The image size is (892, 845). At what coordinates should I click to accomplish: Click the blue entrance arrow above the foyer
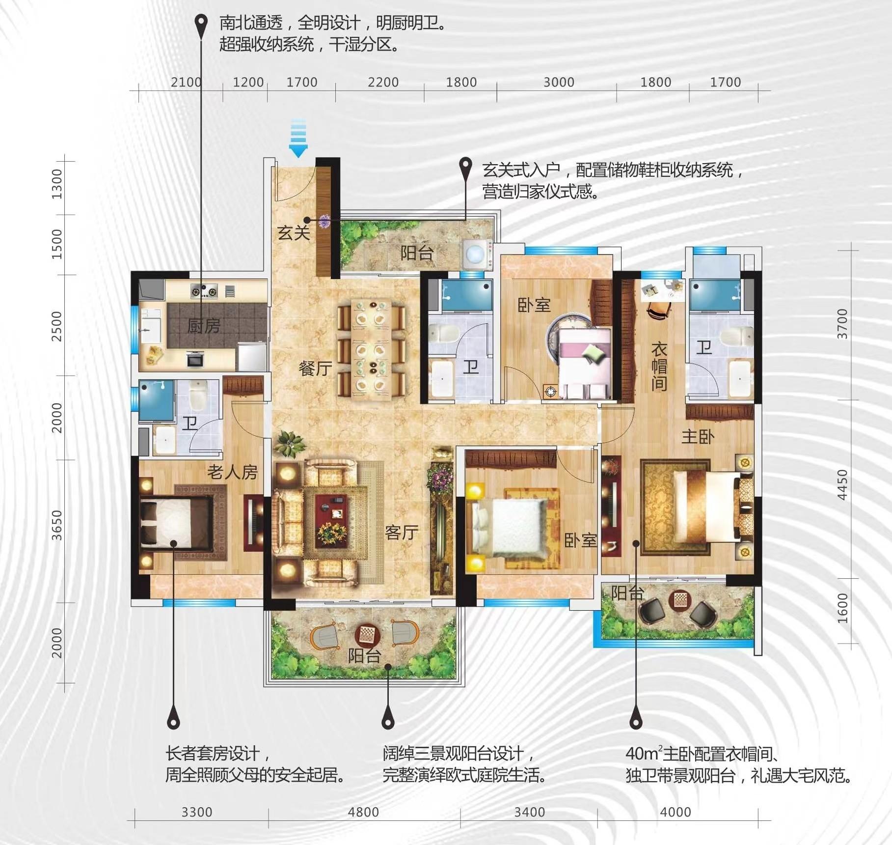pyautogui.click(x=298, y=138)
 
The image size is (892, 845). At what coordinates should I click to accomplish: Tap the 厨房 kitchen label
pyautogui.click(x=204, y=326)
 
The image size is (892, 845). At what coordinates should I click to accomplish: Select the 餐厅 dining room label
pyautogui.click(x=315, y=368)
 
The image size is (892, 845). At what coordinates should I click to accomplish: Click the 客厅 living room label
pyautogui.click(x=402, y=532)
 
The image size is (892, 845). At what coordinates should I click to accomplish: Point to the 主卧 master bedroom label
pyautogui.click(x=698, y=436)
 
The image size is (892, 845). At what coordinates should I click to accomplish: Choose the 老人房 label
pyautogui.click(x=232, y=472)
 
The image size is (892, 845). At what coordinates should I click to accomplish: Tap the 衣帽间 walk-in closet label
pyautogui.click(x=659, y=366)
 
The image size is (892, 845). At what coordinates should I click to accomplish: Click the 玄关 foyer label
pyautogui.click(x=294, y=232)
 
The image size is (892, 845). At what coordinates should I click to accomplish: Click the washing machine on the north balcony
pyautogui.click(x=476, y=254)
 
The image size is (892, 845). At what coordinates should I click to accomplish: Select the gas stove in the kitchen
pyautogui.click(x=204, y=291)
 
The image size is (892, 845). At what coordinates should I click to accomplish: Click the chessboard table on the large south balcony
pyautogui.click(x=365, y=634)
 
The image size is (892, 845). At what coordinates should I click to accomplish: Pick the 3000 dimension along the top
pyautogui.click(x=559, y=82)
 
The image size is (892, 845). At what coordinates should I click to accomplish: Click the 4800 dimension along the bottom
pyautogui.click(x=363, y=812)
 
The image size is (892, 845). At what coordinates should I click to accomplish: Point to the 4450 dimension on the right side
pyautogui.click(x=842, y=485)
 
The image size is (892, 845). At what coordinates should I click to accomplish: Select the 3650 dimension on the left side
pyautogui.click(x=57, y=525)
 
